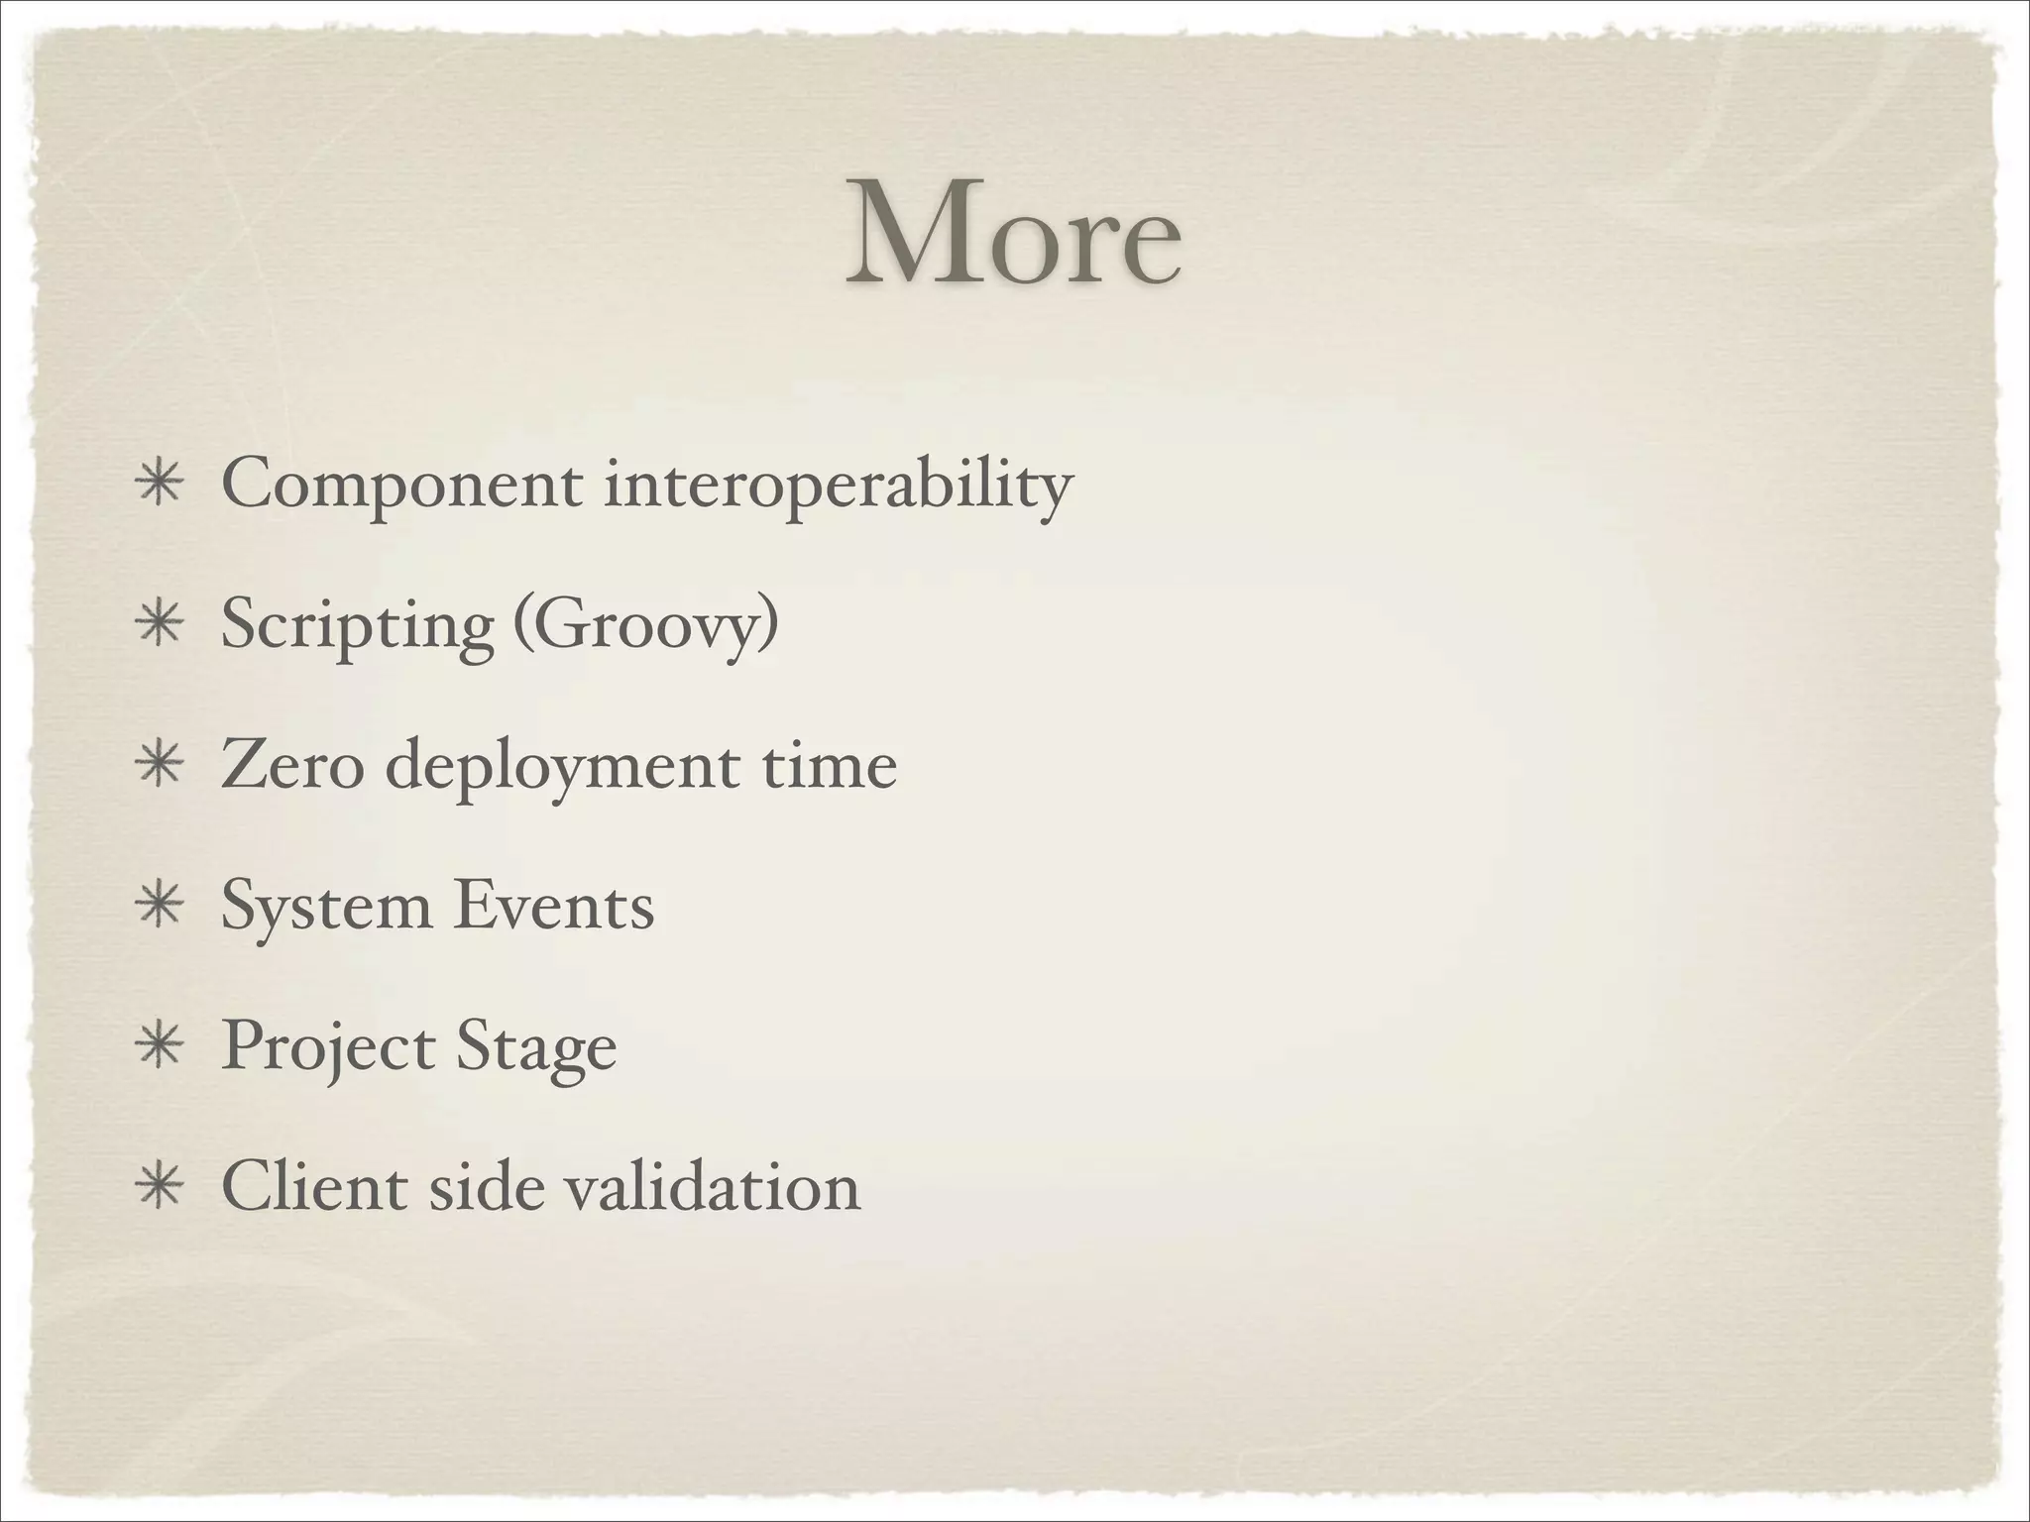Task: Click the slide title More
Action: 1013,234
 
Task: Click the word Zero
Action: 292,767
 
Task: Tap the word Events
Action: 554,906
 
